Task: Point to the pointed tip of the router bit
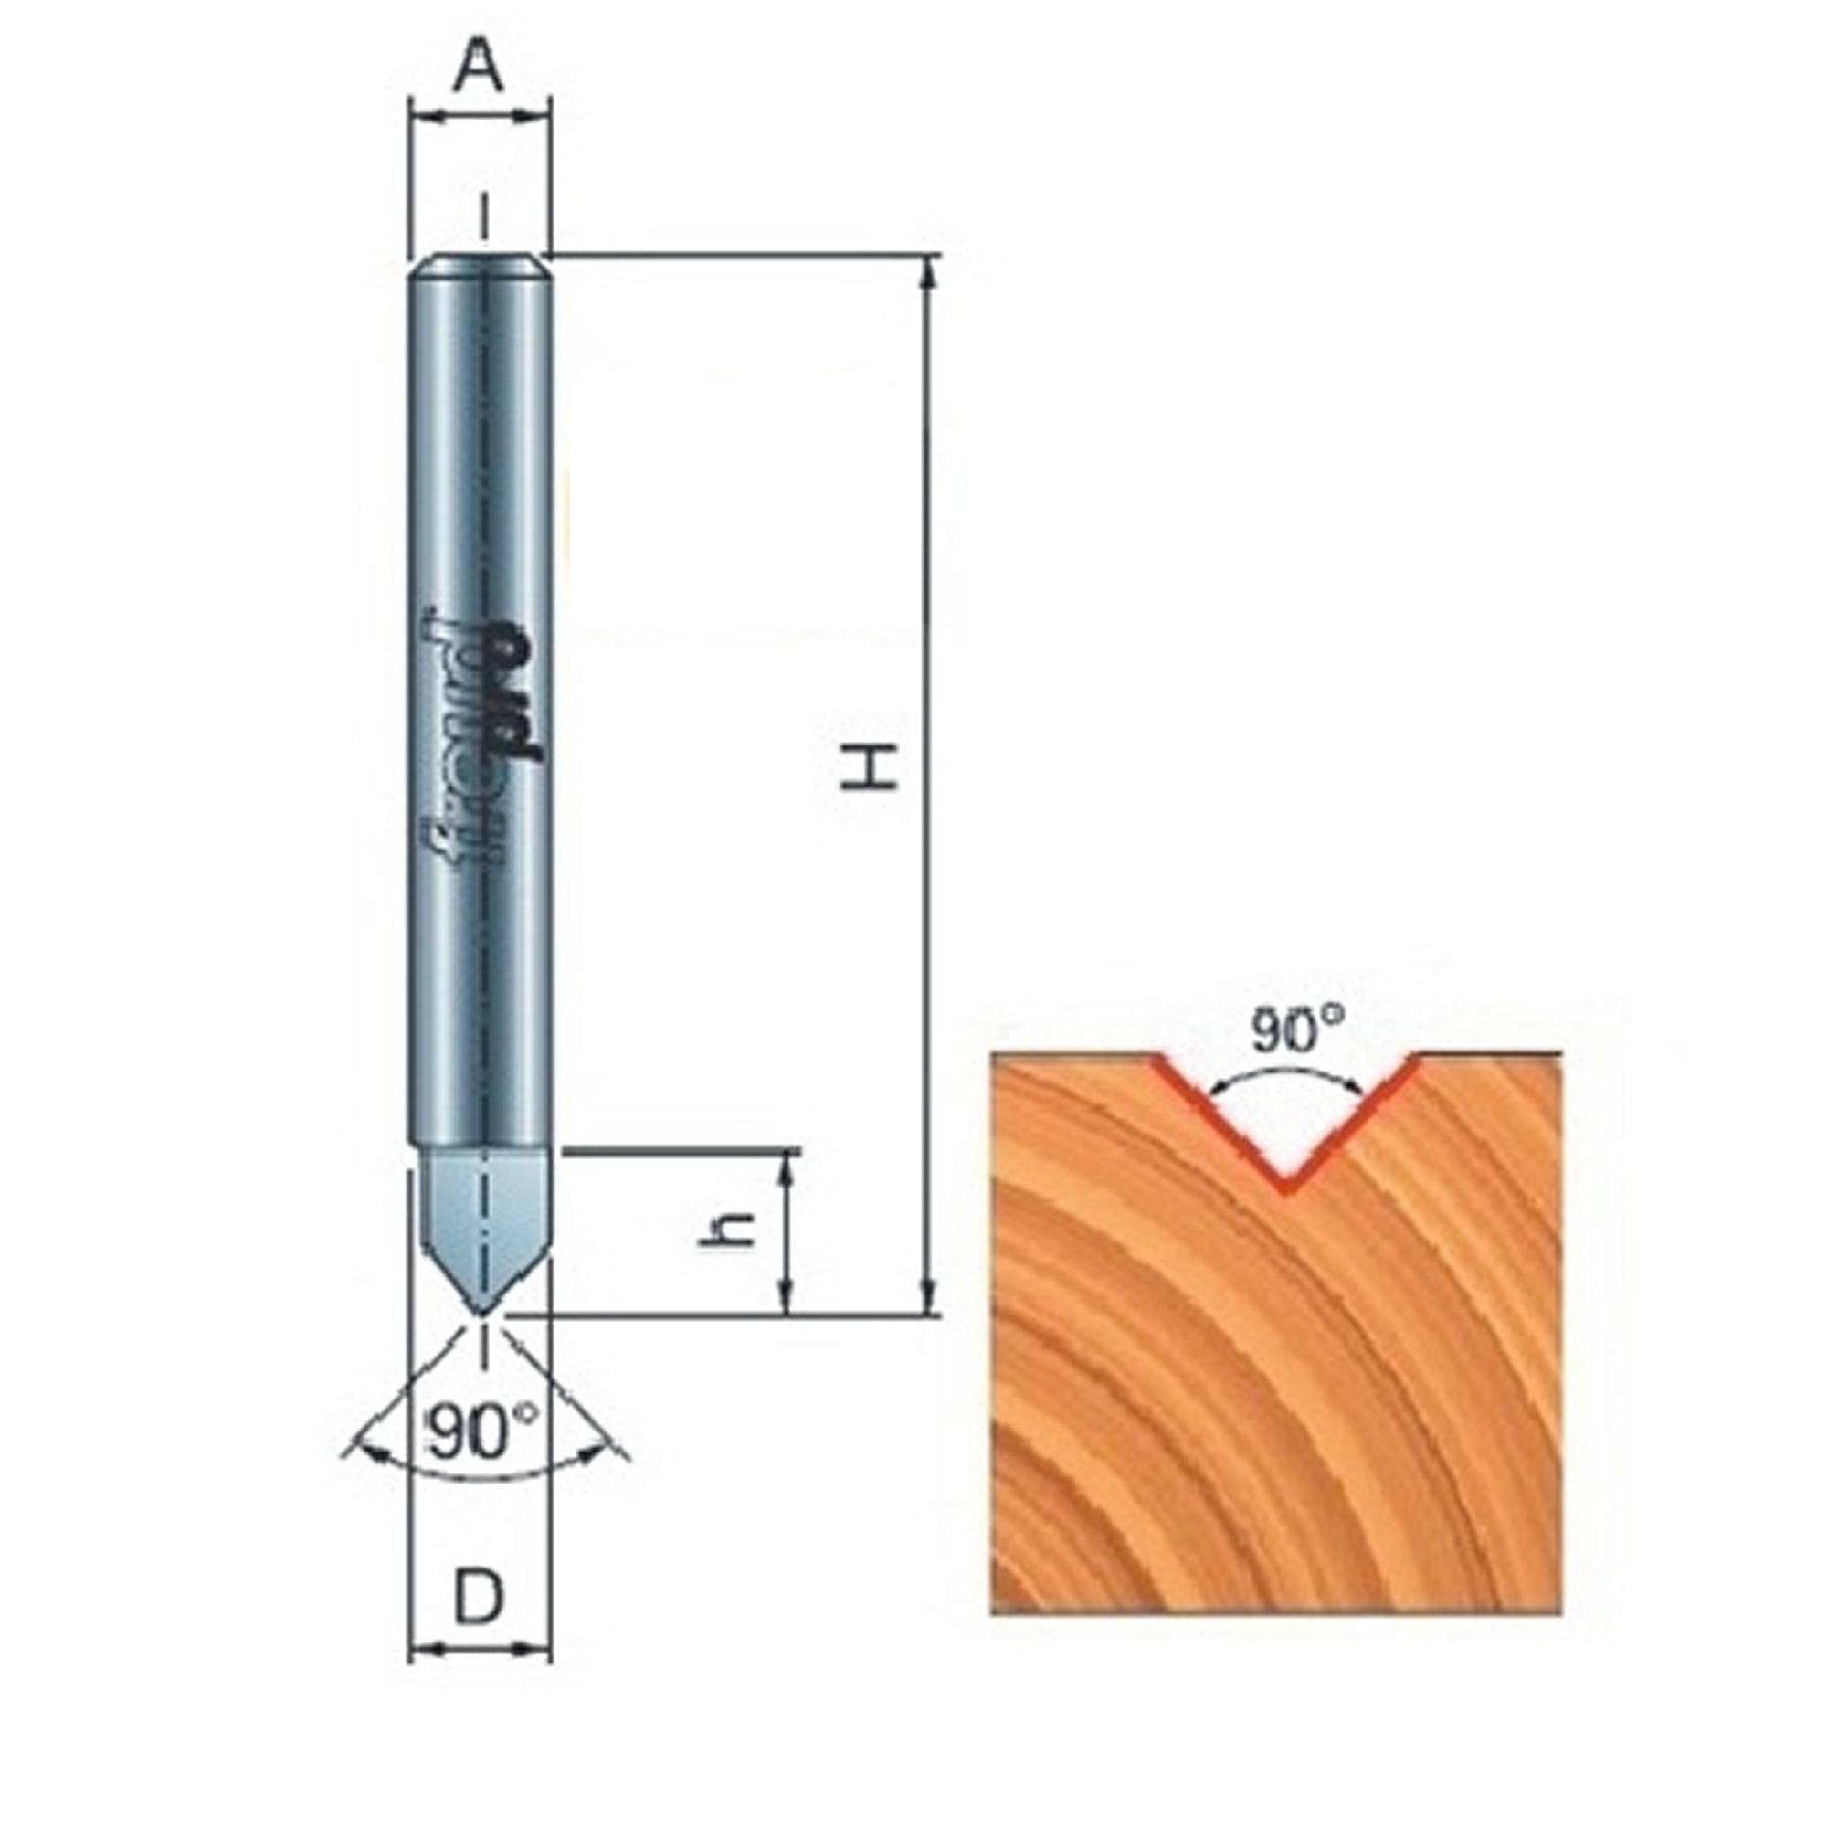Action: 481,1313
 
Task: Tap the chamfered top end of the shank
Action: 480,266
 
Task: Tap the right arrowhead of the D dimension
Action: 539,1676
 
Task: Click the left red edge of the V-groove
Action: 1215,1122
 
